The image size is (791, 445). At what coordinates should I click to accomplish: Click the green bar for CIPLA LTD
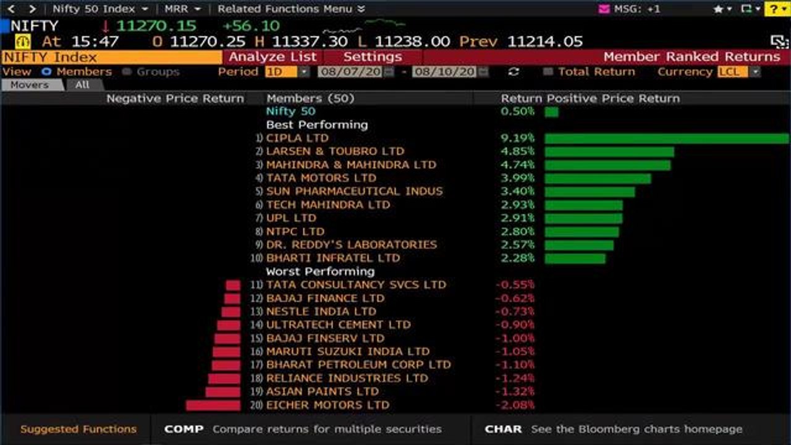pyautogui.click(x=666, y=138)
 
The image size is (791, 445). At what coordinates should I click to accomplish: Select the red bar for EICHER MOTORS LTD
pyautogui.click(x=213, y=405)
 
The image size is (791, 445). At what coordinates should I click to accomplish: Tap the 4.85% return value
pyautogui.click(x=517, y=151)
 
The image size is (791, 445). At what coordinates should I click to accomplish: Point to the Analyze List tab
pyautogui.click(x=273, y=57)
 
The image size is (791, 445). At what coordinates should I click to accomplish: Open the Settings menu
pyautogui.click(x=372, y=57)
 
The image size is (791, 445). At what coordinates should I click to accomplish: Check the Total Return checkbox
pyautogui.click(x=548, y=72)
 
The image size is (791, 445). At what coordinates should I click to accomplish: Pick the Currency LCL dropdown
pyautogui.click(x=738, y=72)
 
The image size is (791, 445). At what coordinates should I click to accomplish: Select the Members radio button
pyautogui.click(x=46, y=72)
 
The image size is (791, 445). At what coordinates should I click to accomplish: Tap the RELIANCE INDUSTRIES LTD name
pyautogui.click(x=347, y=378)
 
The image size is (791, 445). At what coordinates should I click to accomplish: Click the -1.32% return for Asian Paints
pyautogui.click(x=515, y=392)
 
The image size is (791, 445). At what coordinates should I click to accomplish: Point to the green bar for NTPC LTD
pyautogui.click(x=582, y=232)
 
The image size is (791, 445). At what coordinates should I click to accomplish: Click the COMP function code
pyautogui.click(x=184, y=429)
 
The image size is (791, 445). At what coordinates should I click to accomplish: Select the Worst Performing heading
pyautogui.click(x=320, y=271)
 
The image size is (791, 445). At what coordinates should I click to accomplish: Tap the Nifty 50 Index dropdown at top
pyautogui.click(x=100, y=9)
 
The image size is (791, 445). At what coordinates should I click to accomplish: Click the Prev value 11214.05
pyautogui.click(x=545, y=41)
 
